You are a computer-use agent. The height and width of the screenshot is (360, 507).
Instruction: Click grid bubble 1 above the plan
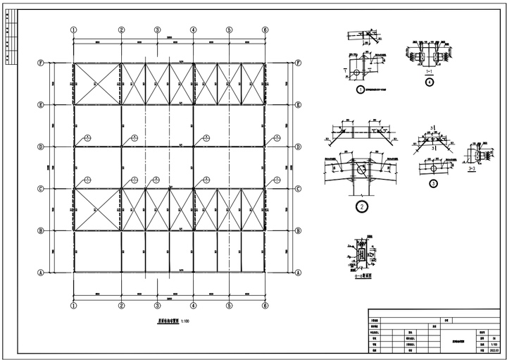73,30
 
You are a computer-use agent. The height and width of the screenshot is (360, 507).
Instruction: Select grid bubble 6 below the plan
265,305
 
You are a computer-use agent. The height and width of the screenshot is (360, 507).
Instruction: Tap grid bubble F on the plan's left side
42,63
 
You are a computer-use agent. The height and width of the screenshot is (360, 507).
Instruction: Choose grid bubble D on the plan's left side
42,147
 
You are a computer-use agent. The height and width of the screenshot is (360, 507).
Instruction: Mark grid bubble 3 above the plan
157,30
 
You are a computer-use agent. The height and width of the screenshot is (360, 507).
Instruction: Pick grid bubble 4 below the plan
194,305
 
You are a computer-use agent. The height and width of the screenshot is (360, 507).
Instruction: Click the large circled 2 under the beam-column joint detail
361,207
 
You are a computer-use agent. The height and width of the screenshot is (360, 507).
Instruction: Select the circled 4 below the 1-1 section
429,82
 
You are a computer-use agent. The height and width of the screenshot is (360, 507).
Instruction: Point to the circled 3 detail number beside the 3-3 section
434,184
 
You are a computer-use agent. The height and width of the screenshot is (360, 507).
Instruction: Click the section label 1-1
429,71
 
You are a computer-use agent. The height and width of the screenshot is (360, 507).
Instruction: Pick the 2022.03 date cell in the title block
493,349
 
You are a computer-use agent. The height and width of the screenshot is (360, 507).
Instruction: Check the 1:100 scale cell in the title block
493,343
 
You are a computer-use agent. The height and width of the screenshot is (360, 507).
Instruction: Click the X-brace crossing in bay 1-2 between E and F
97,84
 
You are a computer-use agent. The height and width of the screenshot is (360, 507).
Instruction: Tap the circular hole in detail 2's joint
361,170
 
